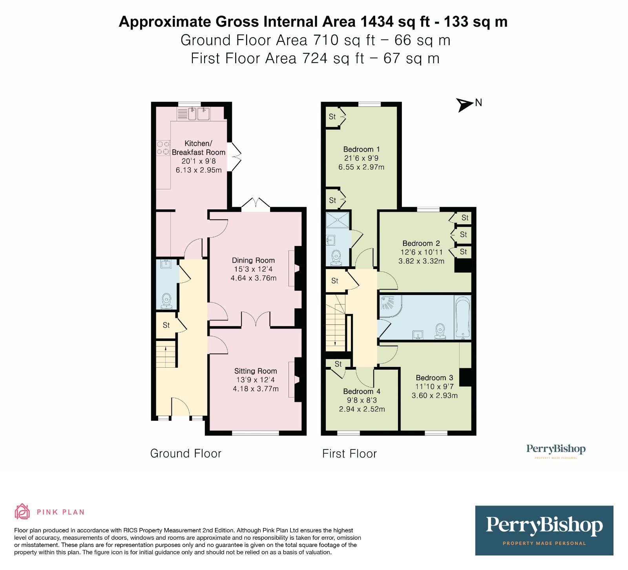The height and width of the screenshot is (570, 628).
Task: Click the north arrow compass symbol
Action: (465, 105)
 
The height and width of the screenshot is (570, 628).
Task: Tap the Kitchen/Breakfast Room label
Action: (199, 148)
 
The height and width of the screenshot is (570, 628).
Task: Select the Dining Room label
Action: (253, 260)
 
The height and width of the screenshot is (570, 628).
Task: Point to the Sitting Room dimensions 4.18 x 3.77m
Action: (256, 389)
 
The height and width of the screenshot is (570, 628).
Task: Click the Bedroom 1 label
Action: (361, 149)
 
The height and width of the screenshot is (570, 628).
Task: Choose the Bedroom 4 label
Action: (361, 391)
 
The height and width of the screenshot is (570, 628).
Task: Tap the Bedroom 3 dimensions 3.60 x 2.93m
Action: (434, 396)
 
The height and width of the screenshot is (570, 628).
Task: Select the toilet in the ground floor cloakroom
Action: (167, 301)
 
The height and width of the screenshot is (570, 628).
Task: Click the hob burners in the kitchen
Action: (163, 148)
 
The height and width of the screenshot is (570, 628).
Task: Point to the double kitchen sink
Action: (199, 114)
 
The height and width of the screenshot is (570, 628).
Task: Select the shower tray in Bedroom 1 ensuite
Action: (338, 219)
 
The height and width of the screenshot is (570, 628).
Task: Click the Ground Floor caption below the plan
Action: (186, 454)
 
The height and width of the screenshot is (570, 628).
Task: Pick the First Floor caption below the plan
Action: (349, 454)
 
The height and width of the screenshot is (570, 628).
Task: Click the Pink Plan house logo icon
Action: (22, 511)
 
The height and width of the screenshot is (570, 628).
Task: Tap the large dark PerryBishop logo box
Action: (544, 530)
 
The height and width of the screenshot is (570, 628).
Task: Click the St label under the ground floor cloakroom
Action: (166, 325)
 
